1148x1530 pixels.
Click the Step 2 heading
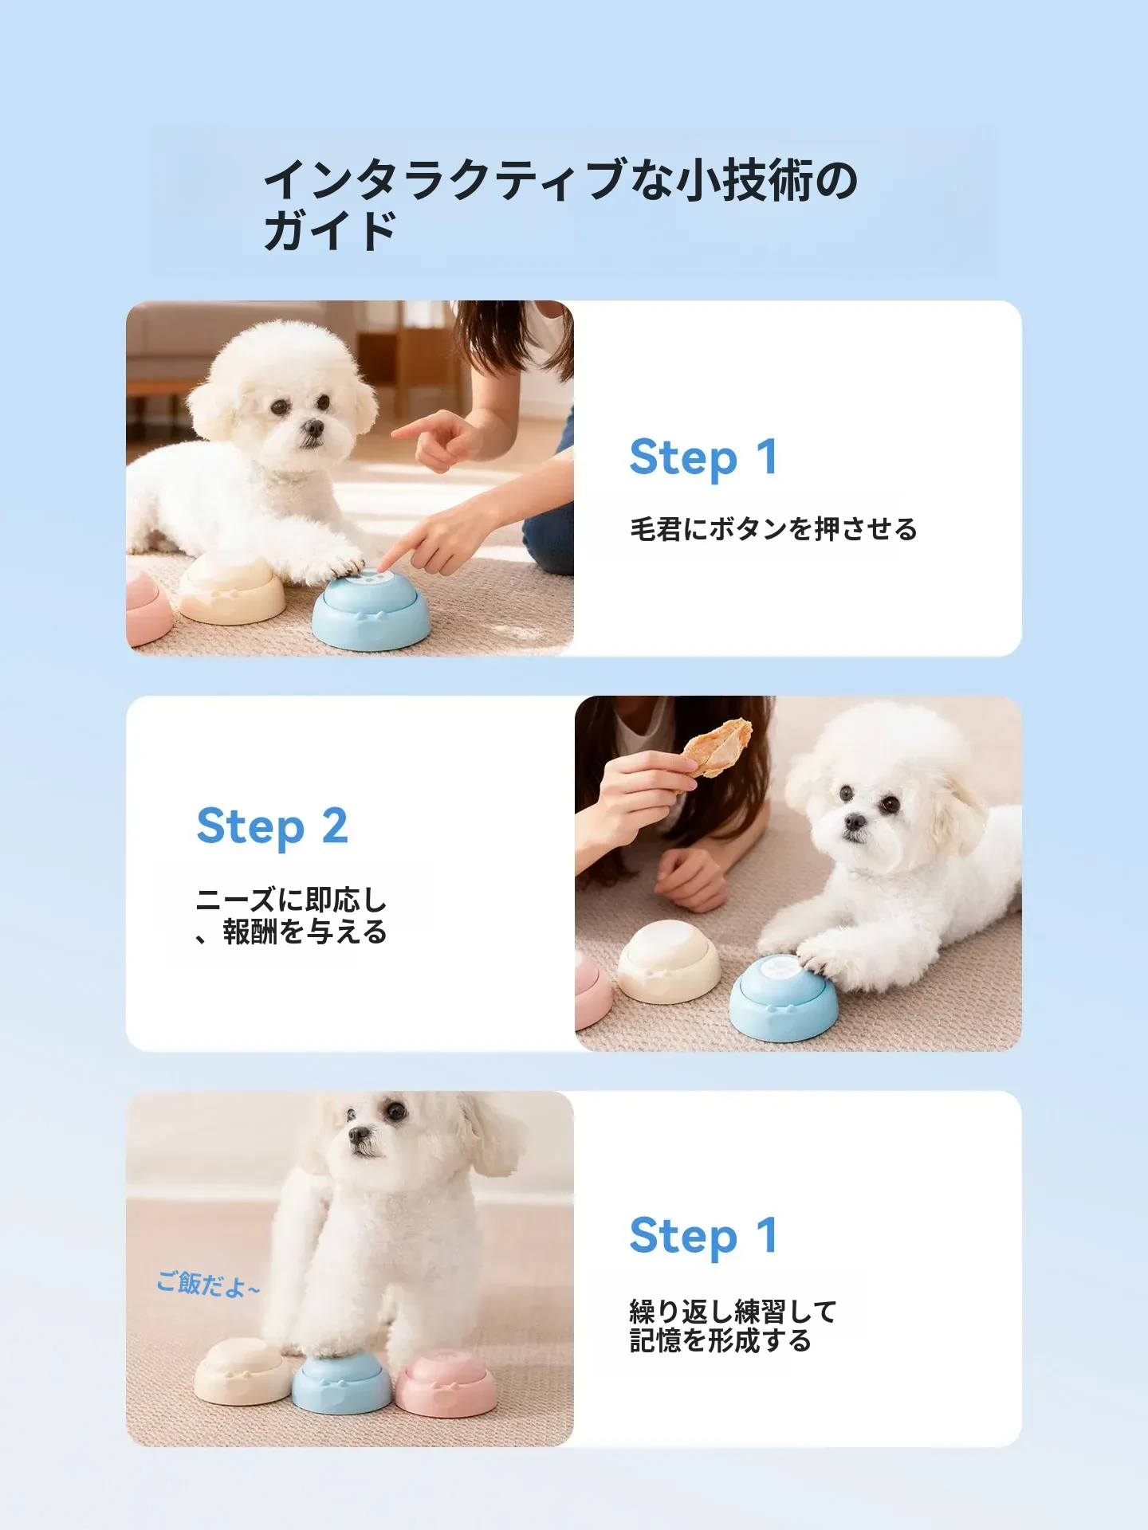(x=272, y=826)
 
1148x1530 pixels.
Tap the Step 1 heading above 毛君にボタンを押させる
(x=703, y=457)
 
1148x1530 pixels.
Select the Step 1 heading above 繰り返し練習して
(x=703, y=1236)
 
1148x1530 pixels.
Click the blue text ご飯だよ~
(x=208, y=1285)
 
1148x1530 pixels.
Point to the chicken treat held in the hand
(x=717, y=747)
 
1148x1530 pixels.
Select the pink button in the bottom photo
(x=446, y=1383)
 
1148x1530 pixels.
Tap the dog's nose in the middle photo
(x=855, y=822)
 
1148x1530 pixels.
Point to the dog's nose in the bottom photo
(x=360, y=1135)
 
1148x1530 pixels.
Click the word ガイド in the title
(x=330, y=231)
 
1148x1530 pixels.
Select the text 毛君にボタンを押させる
(x=773, y=529)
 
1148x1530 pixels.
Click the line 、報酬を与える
(x=291, y=932)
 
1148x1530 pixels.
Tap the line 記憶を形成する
(x=720, y=1340)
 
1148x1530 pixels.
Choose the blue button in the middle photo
(x=784, y=998)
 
